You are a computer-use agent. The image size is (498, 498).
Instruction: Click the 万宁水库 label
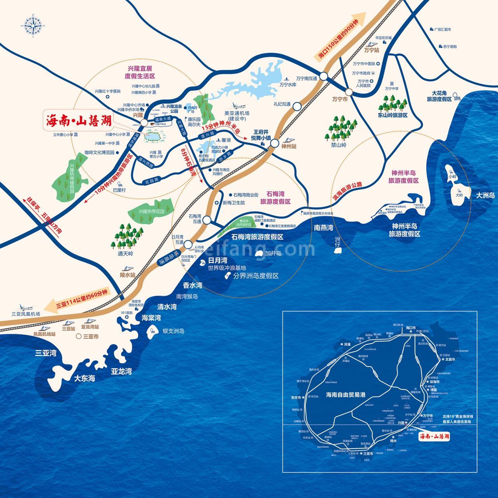point(288,84)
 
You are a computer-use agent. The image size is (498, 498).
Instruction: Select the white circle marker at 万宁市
point(349,92)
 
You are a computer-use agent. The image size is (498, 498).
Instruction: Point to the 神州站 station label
point(289,146)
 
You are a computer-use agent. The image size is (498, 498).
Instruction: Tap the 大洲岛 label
point(485,195)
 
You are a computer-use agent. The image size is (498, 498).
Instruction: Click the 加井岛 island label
point(273,253)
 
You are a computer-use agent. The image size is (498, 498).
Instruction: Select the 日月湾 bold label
point(217,260)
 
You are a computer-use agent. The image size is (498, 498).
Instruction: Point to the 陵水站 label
point(128,274)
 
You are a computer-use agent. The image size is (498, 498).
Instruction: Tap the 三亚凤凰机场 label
point(26,314)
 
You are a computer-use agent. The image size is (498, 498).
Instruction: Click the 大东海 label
point(84,378)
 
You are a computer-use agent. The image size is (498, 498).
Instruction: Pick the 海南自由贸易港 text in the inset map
point(345,395)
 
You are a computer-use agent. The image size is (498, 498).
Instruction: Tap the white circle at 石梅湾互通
point(206,220)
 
